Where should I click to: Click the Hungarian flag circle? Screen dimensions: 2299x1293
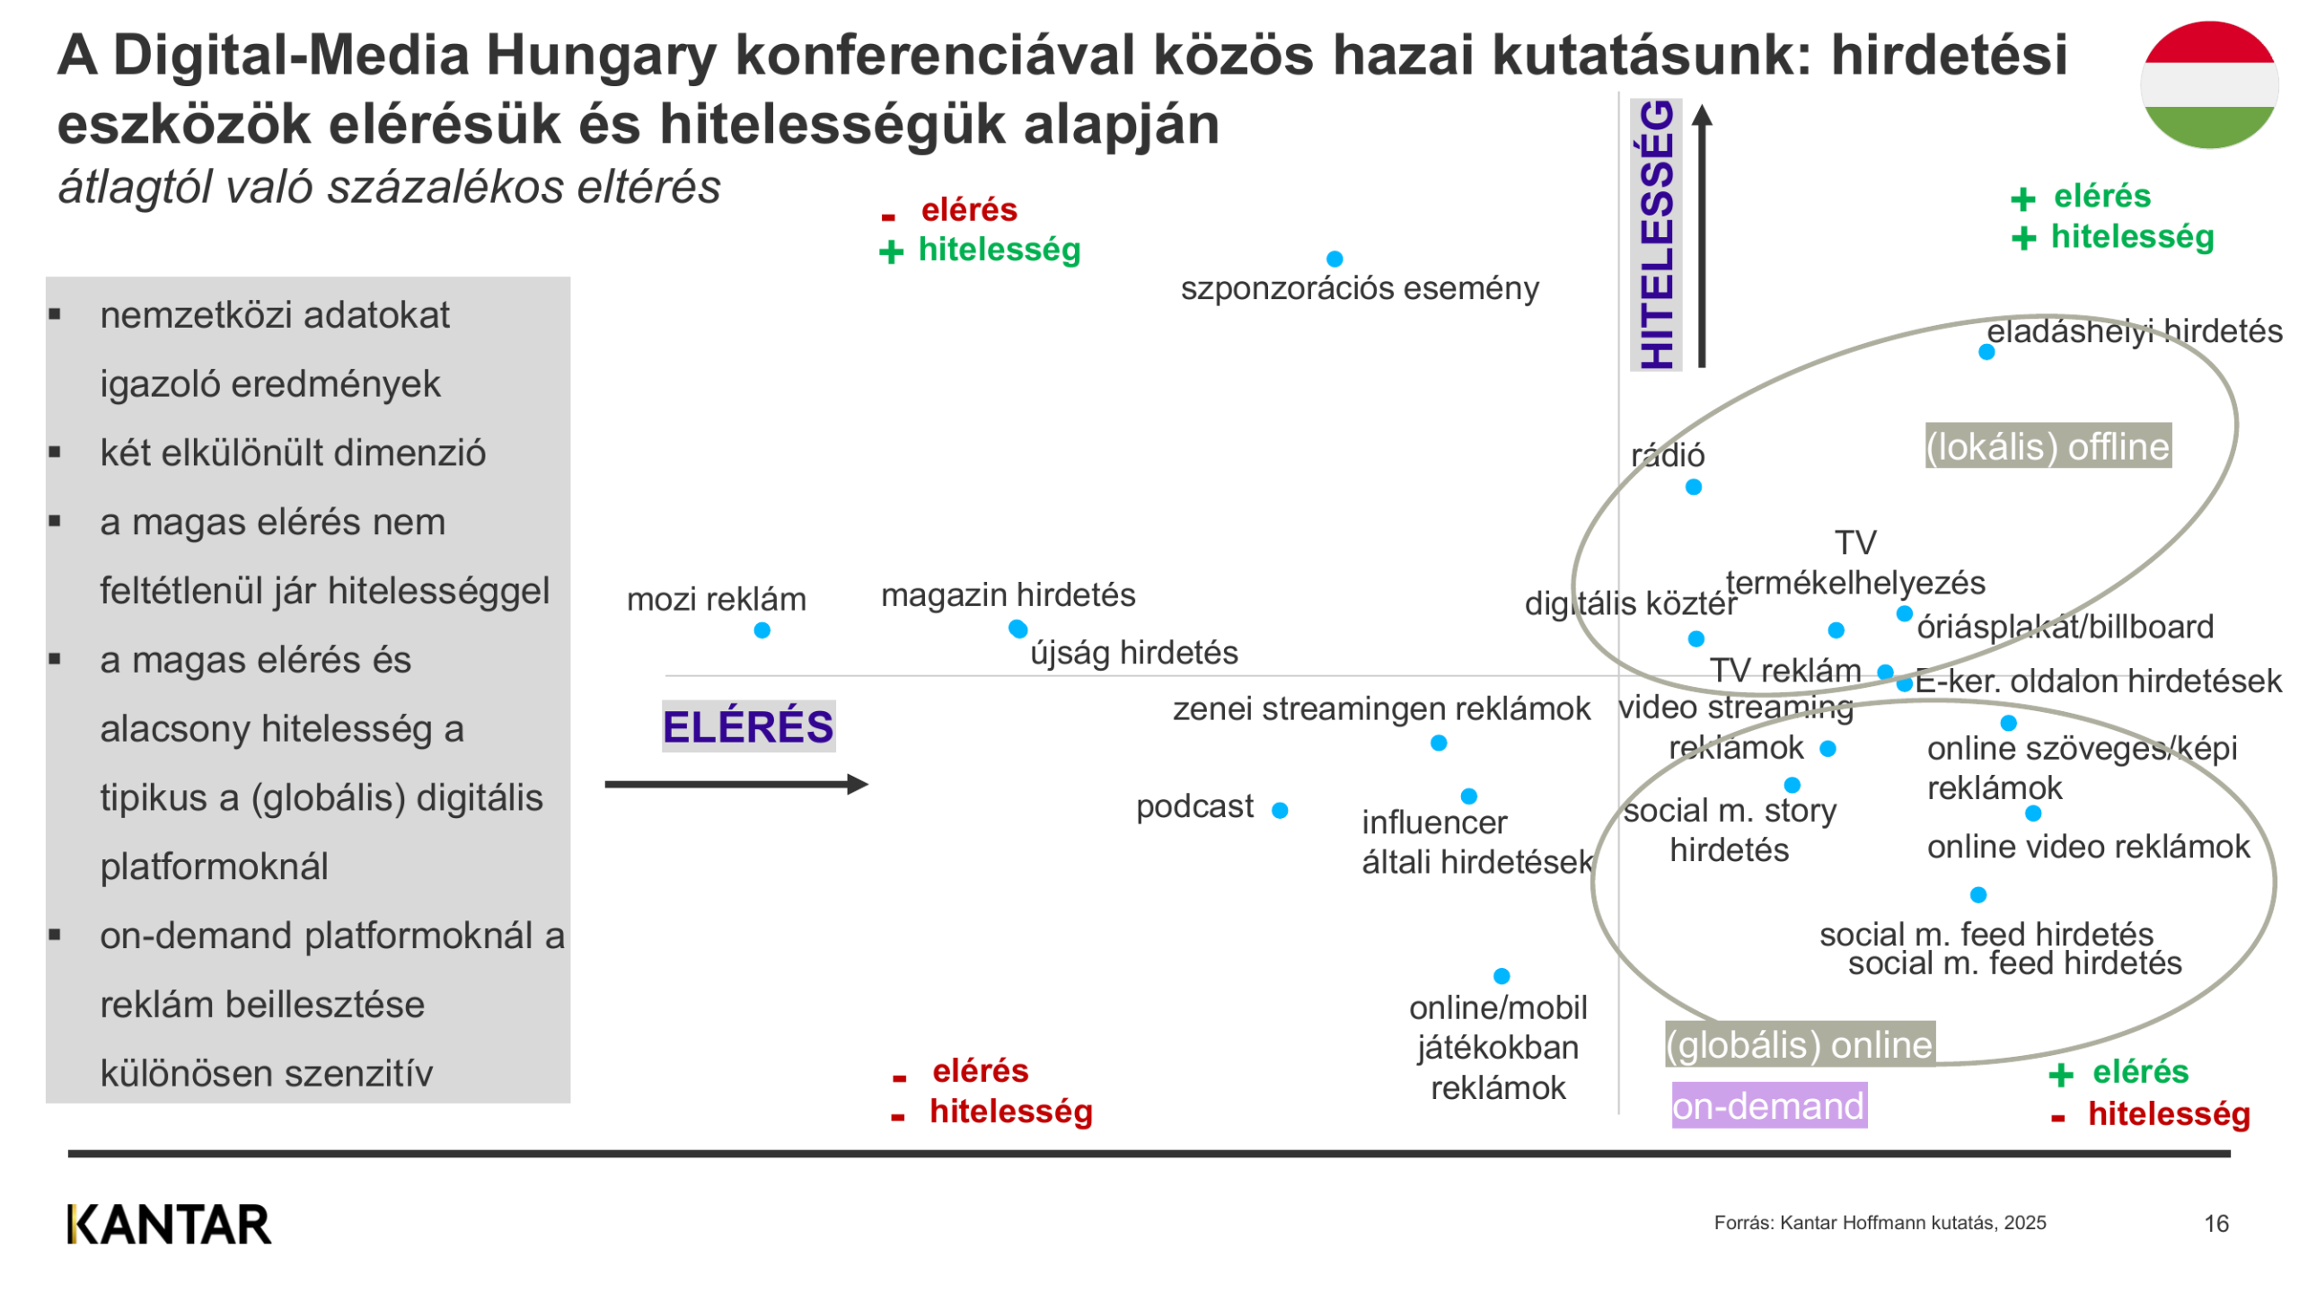point(2208,85)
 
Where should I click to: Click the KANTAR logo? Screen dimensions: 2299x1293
point(169,1224)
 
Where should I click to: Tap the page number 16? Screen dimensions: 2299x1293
point(2215,1223)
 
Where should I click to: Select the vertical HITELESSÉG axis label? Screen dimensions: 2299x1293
point(1655,235)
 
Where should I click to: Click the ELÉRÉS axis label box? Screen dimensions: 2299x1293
point(748,726)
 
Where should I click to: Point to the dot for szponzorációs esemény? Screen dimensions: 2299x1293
point(1334,259)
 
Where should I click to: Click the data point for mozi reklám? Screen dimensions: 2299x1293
point(762,630)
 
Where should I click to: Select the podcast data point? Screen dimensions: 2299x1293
point(1280,810)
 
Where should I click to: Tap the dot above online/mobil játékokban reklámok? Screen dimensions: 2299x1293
point(1501,975)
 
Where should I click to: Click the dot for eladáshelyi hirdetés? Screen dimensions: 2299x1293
point(1986,352)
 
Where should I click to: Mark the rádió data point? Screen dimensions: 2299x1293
point(1693,487)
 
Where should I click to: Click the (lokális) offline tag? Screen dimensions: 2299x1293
point(2048,446)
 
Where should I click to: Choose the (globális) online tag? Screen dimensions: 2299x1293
point(1799,1044)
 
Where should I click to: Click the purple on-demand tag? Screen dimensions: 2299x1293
point(1768,1105)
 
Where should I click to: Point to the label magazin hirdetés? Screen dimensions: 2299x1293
point(1008,594)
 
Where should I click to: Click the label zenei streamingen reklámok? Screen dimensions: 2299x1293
point(1380,708)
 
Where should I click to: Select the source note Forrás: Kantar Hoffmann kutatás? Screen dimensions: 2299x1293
point(1879,1222)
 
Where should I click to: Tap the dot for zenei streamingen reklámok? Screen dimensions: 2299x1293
point(1438,743)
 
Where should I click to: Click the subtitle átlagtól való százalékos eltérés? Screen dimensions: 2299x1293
point(389,188)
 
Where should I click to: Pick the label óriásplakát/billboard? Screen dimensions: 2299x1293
point(2065,627)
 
